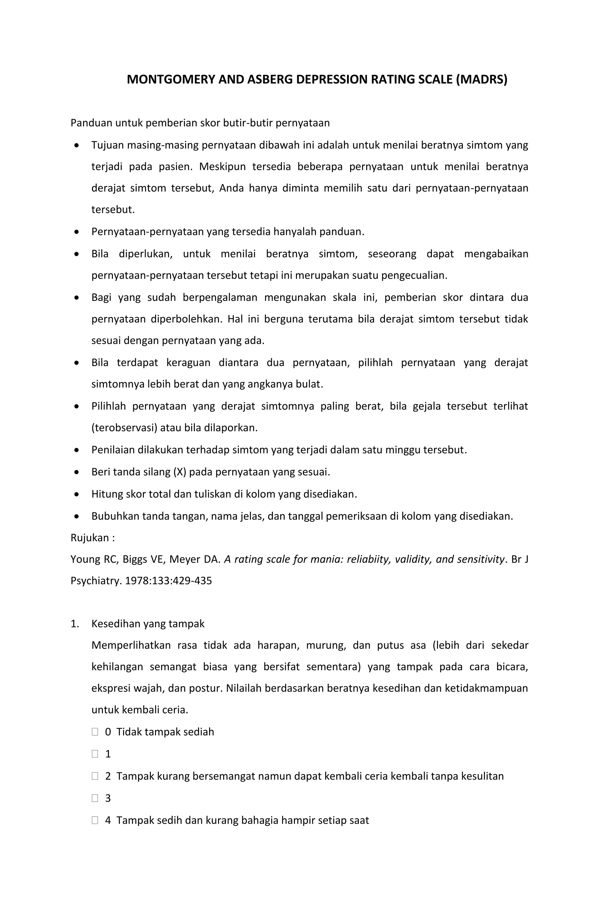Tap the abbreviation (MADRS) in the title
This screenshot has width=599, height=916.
click(482, 79)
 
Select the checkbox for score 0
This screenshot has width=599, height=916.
click(95, 732)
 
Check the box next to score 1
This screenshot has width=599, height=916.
click(95, 754)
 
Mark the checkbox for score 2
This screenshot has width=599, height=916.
click(95, 776)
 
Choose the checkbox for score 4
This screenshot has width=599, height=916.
click(95, 821)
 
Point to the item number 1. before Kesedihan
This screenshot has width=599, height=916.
click(75, 624)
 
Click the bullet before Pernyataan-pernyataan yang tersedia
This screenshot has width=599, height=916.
click(77, 232)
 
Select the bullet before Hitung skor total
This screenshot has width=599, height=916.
click(77, 494)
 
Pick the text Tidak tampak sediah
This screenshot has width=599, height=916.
click(165, 732)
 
